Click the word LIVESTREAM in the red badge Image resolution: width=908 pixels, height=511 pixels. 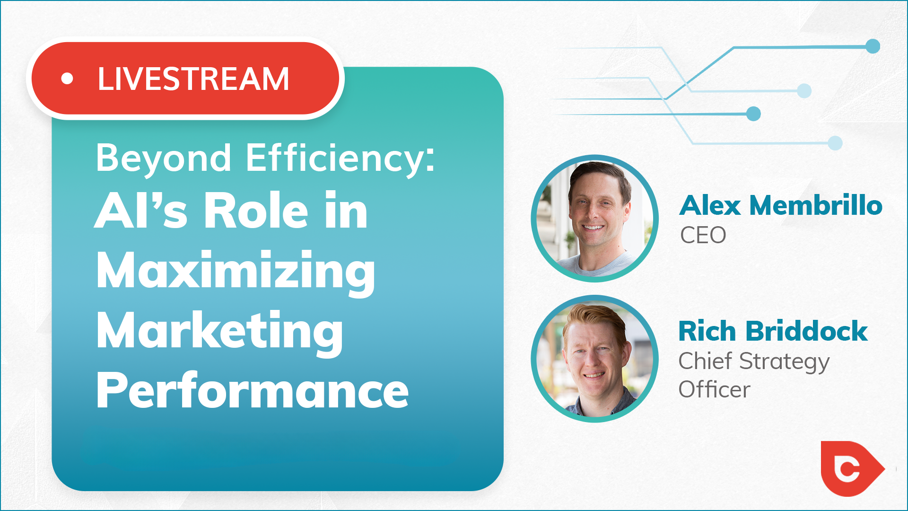click(193, 79)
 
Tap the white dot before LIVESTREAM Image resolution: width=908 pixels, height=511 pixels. click(67, 79)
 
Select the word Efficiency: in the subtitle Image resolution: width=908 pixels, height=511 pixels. click(340, 158)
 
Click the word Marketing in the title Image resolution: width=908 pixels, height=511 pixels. click(219, 332)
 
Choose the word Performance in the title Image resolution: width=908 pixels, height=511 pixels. click(252, 390)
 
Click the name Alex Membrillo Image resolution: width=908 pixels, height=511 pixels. click(781, 205)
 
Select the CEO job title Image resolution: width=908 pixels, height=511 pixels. click(703, 235)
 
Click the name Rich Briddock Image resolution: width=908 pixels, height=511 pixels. click(773, 331)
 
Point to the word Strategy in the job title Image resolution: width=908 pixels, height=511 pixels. click(784, 362)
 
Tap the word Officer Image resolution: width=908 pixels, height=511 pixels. click(714, 389)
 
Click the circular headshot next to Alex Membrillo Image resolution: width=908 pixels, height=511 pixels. click(594, 219)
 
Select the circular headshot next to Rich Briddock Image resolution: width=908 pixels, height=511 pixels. click(594, 359)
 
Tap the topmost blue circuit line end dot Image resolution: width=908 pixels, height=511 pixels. click(873, 46)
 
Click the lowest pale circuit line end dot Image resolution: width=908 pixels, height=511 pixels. click(835, 143)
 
